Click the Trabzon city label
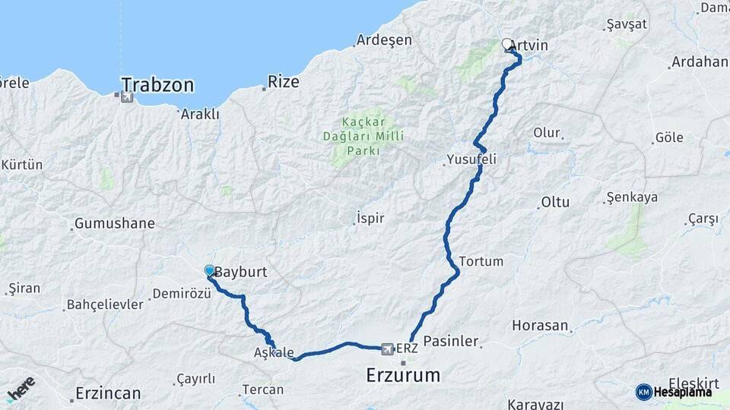click(x=157, y=84)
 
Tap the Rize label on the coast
click(x=283, y=81)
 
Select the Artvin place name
click(x=533, y=46)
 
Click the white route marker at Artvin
click(x=507, y=45)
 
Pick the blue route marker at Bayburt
click(x=209, y=270)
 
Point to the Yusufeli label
click(x=471, y=160)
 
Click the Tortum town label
click(x=481, y=261)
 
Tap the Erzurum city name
click(x=403, y=374)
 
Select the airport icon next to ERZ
click(x=388, y=348)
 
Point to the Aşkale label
click(x=274, y=353)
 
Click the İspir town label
click(x=370, y=219)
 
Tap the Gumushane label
click(x=114, y=224)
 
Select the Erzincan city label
click(x=108, y=393)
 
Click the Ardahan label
click(x=699, y=61)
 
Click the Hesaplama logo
click(x=674, y=392)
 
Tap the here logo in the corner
click(x=21, y=389)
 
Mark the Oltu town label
click(x=554, y=203)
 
